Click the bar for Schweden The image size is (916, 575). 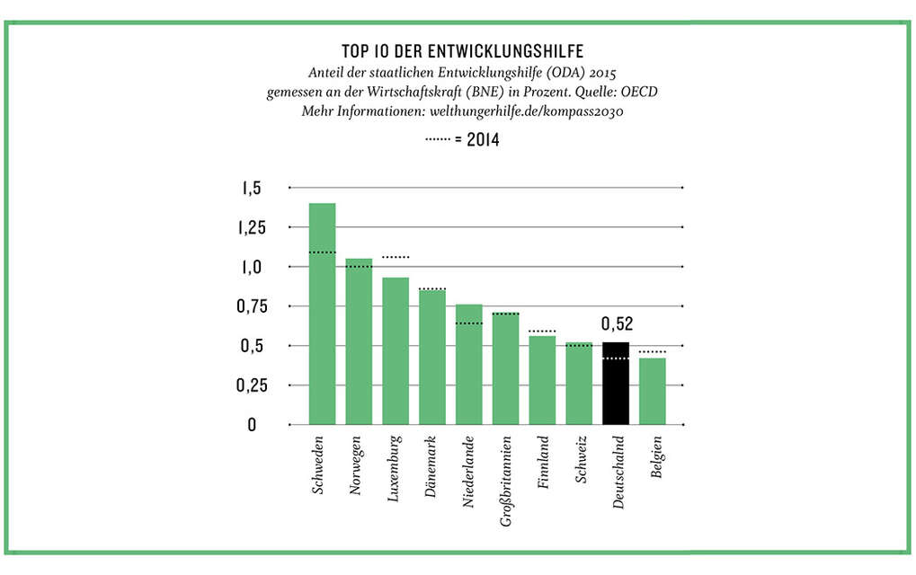[322, 314]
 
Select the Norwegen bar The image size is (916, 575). [359, 341]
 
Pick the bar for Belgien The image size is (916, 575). [653, 391]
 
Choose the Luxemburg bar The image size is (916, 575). [396, 350]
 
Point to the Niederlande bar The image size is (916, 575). [469, 364]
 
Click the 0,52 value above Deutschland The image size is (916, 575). [616, 323]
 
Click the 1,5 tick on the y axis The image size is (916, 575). [250, 189]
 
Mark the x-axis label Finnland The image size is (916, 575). [543, 464]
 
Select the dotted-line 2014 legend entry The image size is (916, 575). [462, 140]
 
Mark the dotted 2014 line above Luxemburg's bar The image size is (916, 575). [396, 258]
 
